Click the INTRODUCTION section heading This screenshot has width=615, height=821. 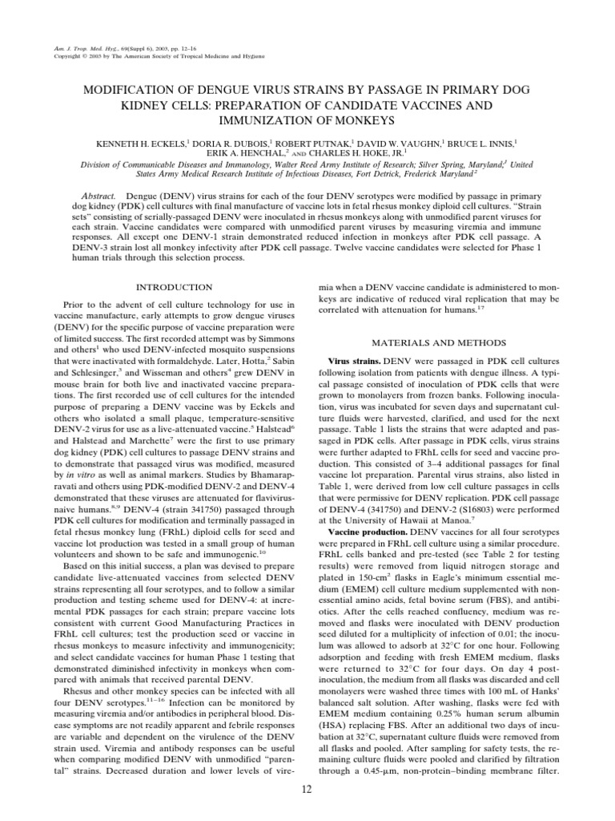point(173,287)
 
